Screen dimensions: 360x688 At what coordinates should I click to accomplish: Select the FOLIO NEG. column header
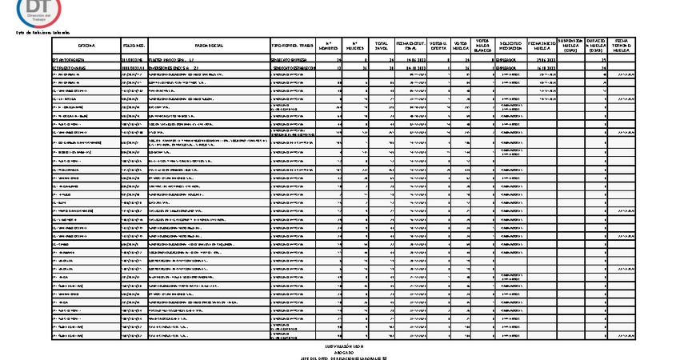click(133, 47)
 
